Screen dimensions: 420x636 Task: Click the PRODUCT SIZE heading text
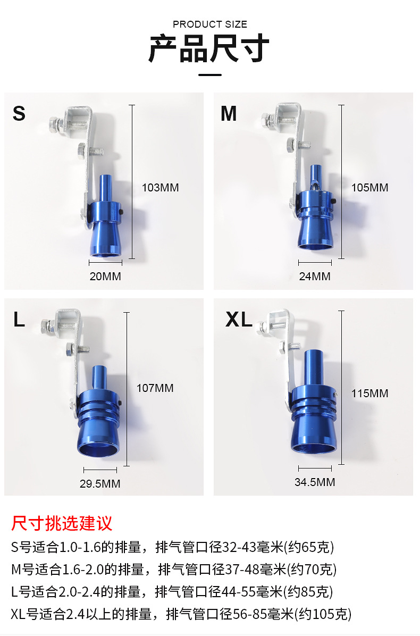pyautogui.click(x=210, y=24)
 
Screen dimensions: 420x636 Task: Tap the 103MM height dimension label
pyautogui.click(x=160, y=188)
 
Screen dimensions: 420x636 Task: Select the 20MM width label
pyautogui.click(x=105, y=277)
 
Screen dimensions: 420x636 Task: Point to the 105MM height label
pyautogui.click(x=369, y=188)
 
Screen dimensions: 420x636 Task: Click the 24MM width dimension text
pyautogui.click(x=315, y=277)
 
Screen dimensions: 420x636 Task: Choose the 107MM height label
pyautogui.click(x=155, y=388)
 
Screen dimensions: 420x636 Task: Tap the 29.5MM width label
pyautogui.click(x=100, y=484)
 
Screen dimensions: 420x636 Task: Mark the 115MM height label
pyautogui.click(x=369, y=394)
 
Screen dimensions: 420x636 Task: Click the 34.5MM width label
pyautogui.click(x=315, y=482)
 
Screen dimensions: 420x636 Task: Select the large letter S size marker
pyautogui.click(x=19, y=114)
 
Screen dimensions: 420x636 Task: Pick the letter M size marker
pyautogui.click(x=229, y=114)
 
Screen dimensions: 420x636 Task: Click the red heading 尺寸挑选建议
pyautogui.click(x=62, y=523)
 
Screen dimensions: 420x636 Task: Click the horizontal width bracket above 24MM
pyautogui.click(x=315, y=263)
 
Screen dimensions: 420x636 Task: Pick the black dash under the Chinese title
pyautogui.click(x=210, y=75)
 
